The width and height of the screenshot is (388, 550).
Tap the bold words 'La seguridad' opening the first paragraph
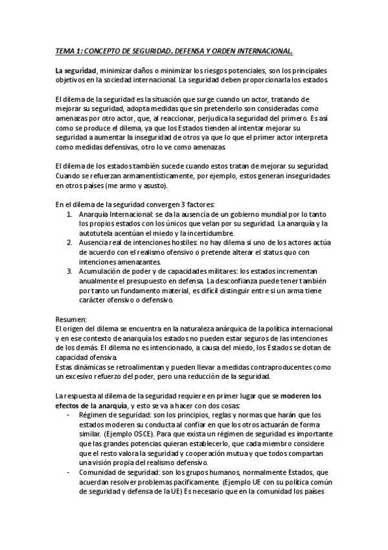click(x=75, y=69)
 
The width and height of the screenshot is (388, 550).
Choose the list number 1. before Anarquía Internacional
click(x=70, y=214)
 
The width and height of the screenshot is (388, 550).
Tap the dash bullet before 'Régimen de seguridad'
click(x=69, y=415)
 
